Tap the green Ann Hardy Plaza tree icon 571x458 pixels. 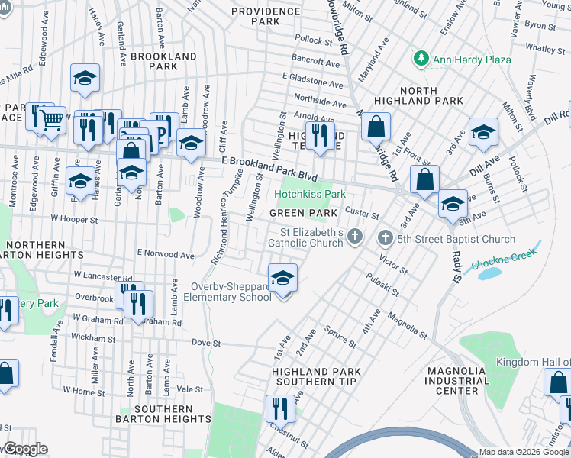click(420, 59)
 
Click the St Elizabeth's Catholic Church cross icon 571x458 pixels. click(354, 238)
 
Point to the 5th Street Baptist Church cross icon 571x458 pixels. click(384, 238)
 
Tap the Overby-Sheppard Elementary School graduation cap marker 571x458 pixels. click(282, 279)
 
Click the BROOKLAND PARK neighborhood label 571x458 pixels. click(163, 62)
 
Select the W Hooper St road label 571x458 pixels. click(75, 220)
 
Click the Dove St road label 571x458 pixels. click(205, 343)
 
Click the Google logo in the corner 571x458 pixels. click(25, 449)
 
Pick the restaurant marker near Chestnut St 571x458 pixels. click(280, 408)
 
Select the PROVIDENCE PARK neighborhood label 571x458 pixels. click(266, 17)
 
